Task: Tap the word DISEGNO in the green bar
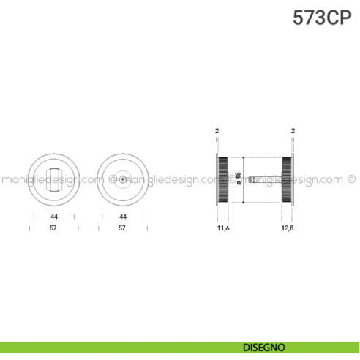(266, 347)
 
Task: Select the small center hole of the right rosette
(123, 179)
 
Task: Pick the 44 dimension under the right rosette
(123, 217)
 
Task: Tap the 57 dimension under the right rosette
(123, 228)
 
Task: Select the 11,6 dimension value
(224, 228)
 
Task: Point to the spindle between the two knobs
(260, 179)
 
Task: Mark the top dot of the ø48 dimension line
(239, 157)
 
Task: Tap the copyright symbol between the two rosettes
(112, 178)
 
